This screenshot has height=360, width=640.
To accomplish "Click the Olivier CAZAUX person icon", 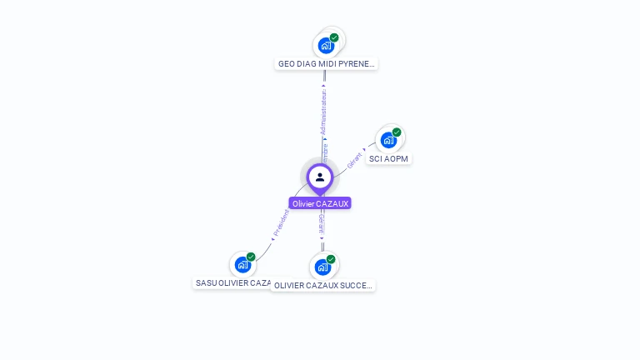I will coord(320,177).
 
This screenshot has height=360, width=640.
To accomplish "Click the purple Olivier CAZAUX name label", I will coord(320,203).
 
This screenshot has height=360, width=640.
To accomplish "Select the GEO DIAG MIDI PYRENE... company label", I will coord(326,63).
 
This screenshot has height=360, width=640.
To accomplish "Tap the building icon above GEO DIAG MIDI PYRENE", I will coord(326,45).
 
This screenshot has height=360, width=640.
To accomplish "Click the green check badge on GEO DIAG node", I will coord(334,37).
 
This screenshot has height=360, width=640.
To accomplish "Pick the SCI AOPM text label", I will coord(389,158).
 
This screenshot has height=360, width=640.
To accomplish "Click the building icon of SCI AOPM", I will coord(388,140).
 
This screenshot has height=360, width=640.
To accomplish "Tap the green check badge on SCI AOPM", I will coord(397,132).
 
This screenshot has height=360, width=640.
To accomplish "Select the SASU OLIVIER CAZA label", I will coord(232,282).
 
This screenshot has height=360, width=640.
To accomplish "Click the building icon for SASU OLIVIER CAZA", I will coord(242,264).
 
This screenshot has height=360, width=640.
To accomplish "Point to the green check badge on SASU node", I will coord(251,257).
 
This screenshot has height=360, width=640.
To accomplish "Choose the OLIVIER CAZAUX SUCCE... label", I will coord(324,285).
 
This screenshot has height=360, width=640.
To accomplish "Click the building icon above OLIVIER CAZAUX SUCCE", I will coord(322,267).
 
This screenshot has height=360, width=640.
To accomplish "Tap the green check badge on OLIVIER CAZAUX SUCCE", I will coord(331,259).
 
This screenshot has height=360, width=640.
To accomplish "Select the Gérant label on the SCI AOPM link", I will coord(354,160).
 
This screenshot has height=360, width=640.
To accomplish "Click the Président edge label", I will coord(282,222).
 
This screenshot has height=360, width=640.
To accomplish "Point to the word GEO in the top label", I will coord(287,63).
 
